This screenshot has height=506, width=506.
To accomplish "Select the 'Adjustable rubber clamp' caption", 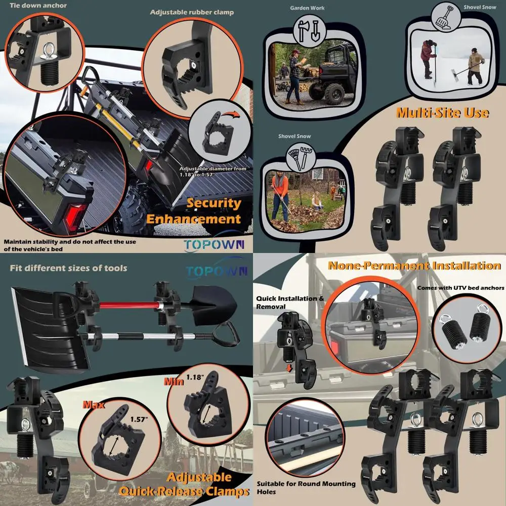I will (192, 12).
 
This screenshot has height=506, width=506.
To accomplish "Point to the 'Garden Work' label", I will (308, 8).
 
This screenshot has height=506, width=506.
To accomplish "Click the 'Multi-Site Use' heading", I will (442, 112).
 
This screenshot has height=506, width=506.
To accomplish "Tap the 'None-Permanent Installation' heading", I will (414, 266).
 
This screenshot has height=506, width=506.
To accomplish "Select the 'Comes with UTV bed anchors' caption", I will (460, 288).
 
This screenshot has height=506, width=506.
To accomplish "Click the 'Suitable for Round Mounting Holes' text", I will (306, 488).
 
